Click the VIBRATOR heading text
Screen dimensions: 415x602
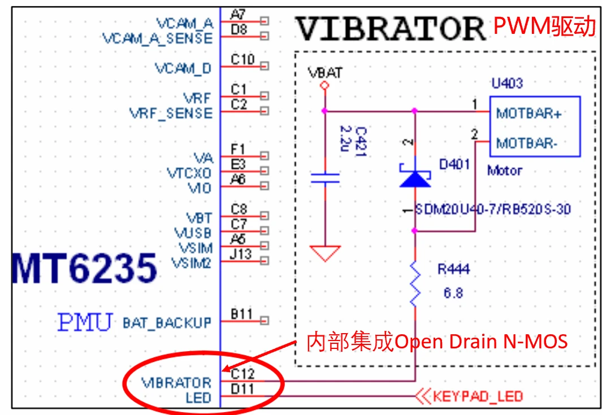click(x=391, y=28)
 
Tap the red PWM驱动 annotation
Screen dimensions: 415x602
click(x=544, y=26)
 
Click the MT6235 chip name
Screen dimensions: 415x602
click(x=84, y=268)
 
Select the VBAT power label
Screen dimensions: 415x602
click(x=325, y=73)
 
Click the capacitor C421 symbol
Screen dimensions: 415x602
click(x=325, y=178)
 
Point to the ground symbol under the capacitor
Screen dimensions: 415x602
click(x=325, y=252)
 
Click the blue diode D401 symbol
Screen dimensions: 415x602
click(x=415, y=176)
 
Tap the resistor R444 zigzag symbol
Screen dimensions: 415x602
click(x=415, y=284)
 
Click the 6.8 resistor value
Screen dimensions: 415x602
click(x=454, y=294)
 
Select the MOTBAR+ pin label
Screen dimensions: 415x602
click(x=529, y=113)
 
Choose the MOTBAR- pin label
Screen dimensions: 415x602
click(x=527, y=143)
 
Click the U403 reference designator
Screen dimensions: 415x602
click(x=507, y=84)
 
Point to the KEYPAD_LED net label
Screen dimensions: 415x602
click(x=478, y=396)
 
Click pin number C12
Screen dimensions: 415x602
click(x=242, y=373)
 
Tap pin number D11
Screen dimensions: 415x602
click(x=242, y=389)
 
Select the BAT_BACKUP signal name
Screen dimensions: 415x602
click(x=167, y=323)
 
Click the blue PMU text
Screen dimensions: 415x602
click(x=85, y=322)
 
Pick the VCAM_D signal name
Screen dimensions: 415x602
click(x=184, y=68)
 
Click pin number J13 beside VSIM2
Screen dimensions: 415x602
click(x=241, y=254)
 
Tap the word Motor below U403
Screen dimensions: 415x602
click(x=505, y=170)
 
